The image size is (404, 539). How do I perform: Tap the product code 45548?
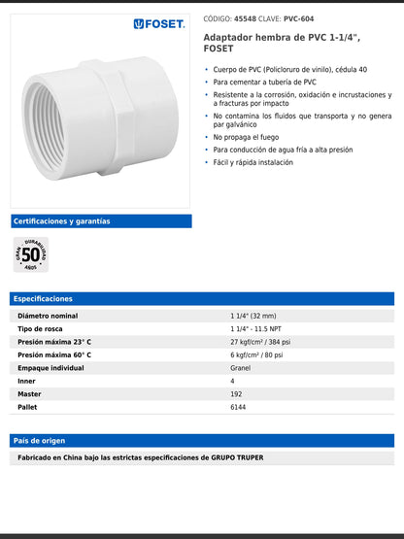(x=246, y=18)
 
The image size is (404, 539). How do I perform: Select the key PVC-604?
(x=299, y=18)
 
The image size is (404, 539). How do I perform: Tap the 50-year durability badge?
(x=31, y=254)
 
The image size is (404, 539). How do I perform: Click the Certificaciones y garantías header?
(x=61, y=221)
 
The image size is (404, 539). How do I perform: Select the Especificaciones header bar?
(x=201, y=299)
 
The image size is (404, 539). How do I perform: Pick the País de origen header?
(x=201, y=441)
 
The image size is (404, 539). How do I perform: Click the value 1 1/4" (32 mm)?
(x=253, y=317)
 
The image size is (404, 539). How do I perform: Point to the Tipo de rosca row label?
(x=40, y=329)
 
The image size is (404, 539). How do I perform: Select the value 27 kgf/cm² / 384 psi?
(x=260, y=343)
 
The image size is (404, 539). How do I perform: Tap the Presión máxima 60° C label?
(x=54, y=355)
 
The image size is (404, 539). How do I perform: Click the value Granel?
(x=241, y=368)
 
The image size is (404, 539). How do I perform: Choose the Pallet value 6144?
(x=239, y=407)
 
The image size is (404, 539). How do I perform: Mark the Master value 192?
(x=236, y=394)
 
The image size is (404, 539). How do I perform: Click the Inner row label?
(x=26, y=382)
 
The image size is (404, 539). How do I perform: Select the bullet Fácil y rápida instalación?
(x=252, y=162)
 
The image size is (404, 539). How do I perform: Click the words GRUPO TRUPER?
(x=237, y=457)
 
